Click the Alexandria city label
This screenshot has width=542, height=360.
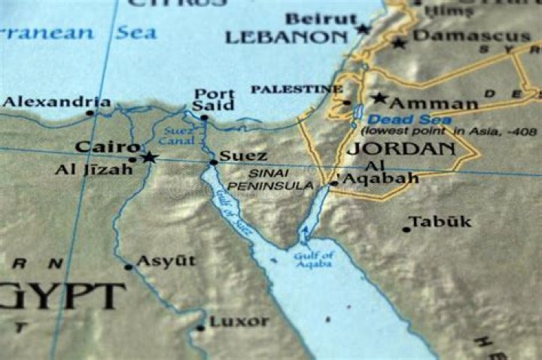tap(56, 102)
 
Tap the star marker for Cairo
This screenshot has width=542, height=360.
tap(149, 157)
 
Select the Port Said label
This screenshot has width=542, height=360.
tap(213, 100)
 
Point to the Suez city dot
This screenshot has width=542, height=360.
tap(214, 162)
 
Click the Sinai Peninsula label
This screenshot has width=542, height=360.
tap(269, 179)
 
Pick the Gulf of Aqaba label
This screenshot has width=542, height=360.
tap(313, 260)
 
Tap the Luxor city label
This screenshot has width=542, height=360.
tap(239, 322)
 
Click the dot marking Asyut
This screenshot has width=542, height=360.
tap(129, 267)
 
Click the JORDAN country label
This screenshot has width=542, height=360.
tap(401, 148)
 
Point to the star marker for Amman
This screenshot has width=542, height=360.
tap(379, 99)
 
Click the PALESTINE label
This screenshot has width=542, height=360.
tap(296, 90)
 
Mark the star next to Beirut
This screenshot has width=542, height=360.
tap(364, 29)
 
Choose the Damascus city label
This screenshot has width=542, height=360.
tap(472, 36)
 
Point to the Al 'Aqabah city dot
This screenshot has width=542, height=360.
tap(333, 183)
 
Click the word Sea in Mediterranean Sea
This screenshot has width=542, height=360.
tap(136, 32)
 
